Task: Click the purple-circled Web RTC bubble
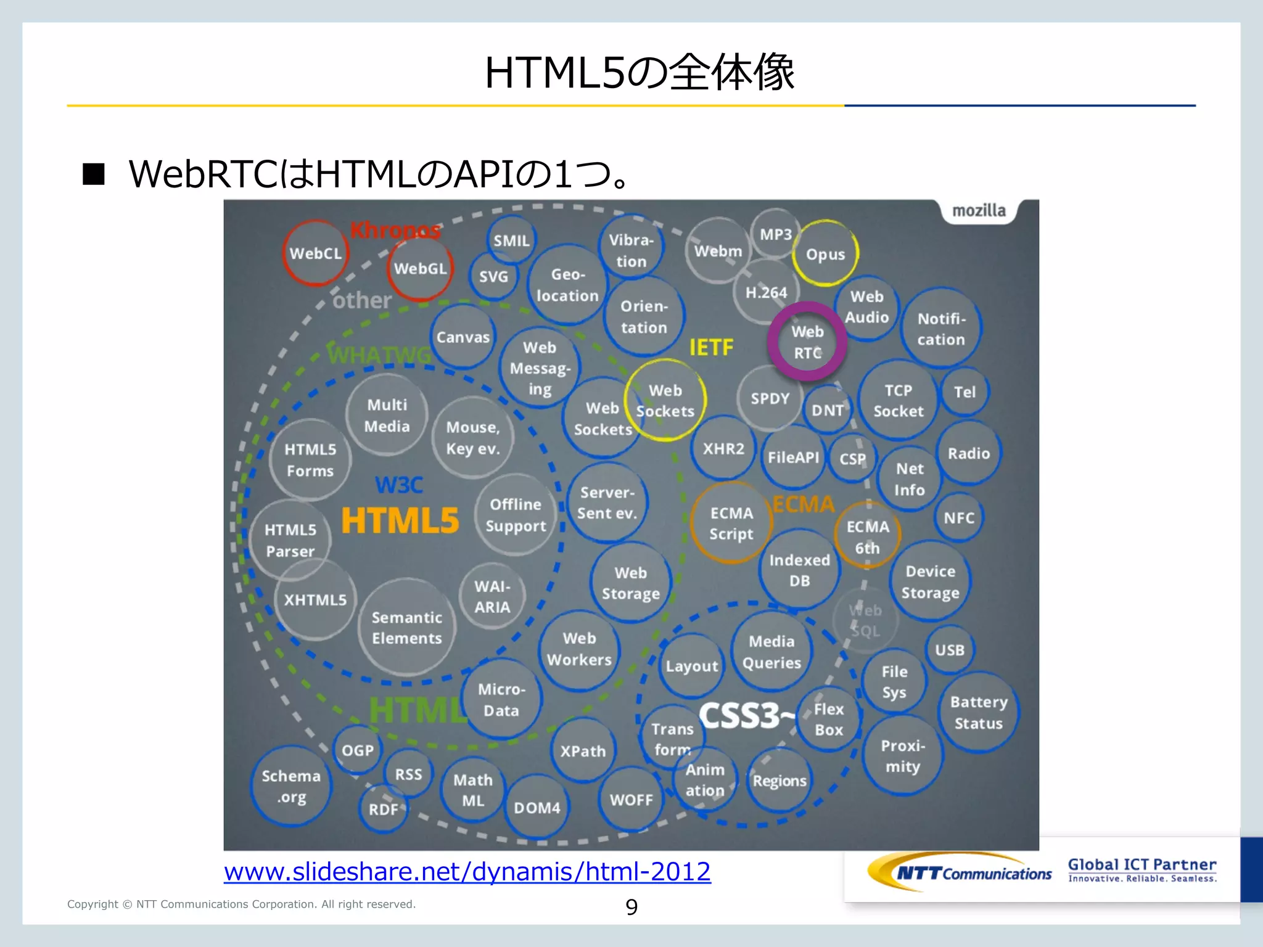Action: pyautogui.click(x=807, y=342)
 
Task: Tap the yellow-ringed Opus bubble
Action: pyautogui.click(x=825, y=253)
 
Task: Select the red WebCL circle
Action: pyautogui.click(x=315, y=253)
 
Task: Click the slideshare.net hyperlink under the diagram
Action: pyautogui.click(x=467, y=871)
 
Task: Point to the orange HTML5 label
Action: pyautogui.click(x=400, y=520)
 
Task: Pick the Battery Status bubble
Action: pyautogui.click(x=978, y=713)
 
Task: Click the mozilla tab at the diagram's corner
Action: pyautogui.click(x=979, y=211)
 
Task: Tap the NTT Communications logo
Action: pyautogui.click(x=960, y=872)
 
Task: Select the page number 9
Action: pyautogui.click(x=631, y=907)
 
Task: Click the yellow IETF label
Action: pyautogui.click(x=711, y=348)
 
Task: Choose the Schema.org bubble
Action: pyautogui.click(x=291, y=786)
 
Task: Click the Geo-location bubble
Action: pyautogui.click(x=567, y=285)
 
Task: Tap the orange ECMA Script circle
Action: pyautogui.click(x=731, y=523)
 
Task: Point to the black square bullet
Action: pyautogui.click(x=94, y=174)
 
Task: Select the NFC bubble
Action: pyautogui.click(x=959, y=518)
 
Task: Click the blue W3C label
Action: pyautogui.click(x=399, y=485)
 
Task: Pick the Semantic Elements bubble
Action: pyautogui.click(x=406, y=628)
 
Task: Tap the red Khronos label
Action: pyautogui.click(x=395, y=231)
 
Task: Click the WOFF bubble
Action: pyautogui.click(x=631, y=800)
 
